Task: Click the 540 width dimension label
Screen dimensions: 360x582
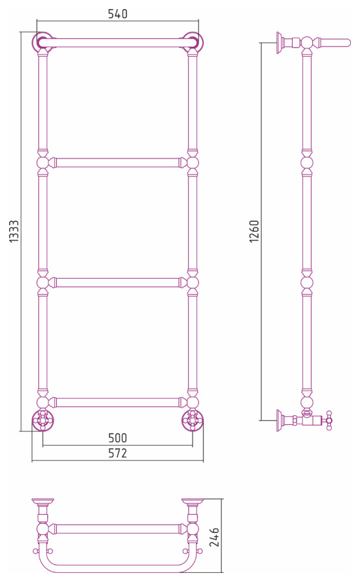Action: pyautogui.click(x=118, y=14)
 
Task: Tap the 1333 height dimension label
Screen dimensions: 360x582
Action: pyautogui.click(x=14, y=232)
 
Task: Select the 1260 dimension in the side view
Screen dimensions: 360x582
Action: pyautogui.click(x=254, y=232)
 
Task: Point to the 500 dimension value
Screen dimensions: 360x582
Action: pyautogui.click(x=118, y=438)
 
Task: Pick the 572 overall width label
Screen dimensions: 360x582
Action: pyautogui.click(x=118, y=453)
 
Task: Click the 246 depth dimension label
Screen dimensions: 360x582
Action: pyautogui.click(x=214, y=537)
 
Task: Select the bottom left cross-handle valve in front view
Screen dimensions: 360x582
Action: pyautogui.click(x=43, y=420)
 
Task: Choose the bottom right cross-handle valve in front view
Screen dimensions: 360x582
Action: pyautogui.click(x=193, y=420)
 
